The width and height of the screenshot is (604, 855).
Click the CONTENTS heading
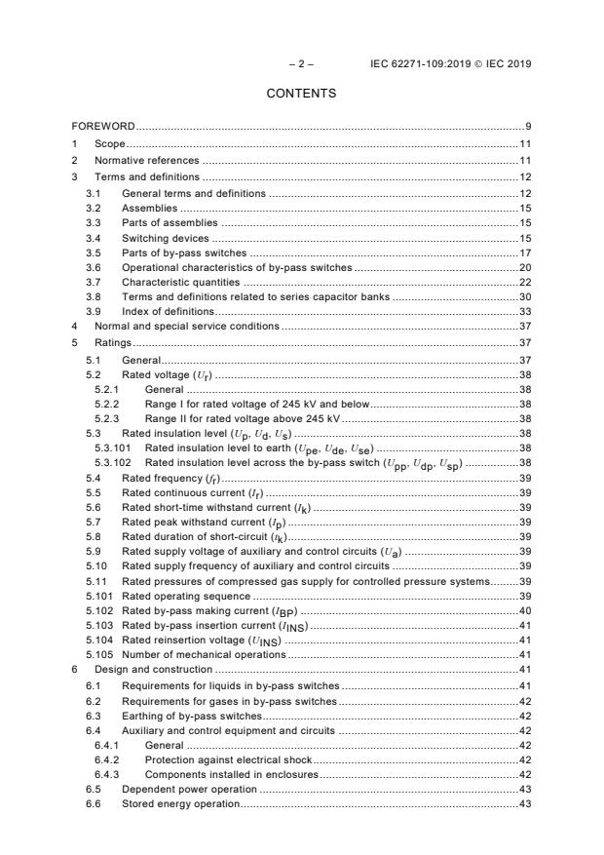click(301, 94)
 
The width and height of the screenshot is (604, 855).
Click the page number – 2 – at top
click(301, 64)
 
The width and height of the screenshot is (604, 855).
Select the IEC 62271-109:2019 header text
click(450, 64)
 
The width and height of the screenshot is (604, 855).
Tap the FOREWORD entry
click(102, 127)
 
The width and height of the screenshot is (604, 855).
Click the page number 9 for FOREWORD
click(527, 127)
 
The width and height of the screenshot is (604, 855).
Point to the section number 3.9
click(94, 311)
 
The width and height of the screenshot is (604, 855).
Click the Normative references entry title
click(146, 160)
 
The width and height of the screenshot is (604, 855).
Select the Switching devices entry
click(166, 238)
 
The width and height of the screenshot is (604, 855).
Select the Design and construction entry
click(153, 670)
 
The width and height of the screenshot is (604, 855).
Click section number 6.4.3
click(106, 774)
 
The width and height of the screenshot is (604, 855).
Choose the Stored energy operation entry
click(180, 803)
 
